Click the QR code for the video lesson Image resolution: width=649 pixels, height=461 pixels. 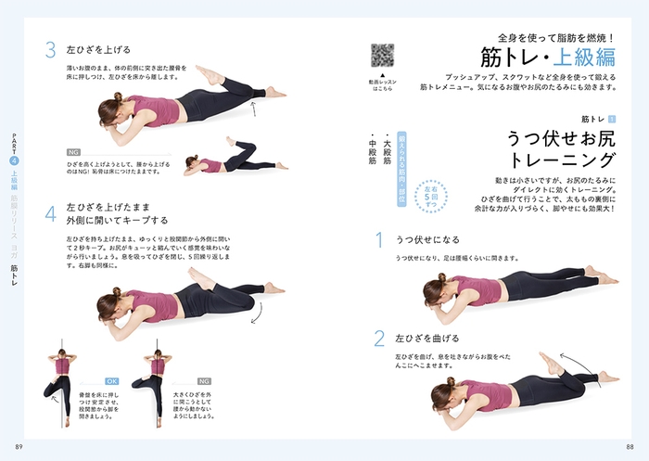click(383, 55)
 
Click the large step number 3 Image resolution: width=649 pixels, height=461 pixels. click(51, 49)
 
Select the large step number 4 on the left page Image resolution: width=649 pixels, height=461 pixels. click(51, 212)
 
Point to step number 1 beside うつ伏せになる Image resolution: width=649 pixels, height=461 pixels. click(378, 240)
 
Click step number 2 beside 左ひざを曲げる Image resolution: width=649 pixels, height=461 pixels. click(378, 338)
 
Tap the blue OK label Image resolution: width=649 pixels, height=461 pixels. click(113, 380)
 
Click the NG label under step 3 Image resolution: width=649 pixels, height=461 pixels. click(73, 151)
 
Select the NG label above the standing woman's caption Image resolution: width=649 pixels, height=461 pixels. click(203, 380)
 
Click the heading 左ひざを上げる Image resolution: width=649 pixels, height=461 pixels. click(99, 48)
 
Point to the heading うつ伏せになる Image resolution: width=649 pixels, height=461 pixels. click(427, 237)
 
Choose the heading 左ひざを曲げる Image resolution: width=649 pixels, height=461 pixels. click(427, 338)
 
